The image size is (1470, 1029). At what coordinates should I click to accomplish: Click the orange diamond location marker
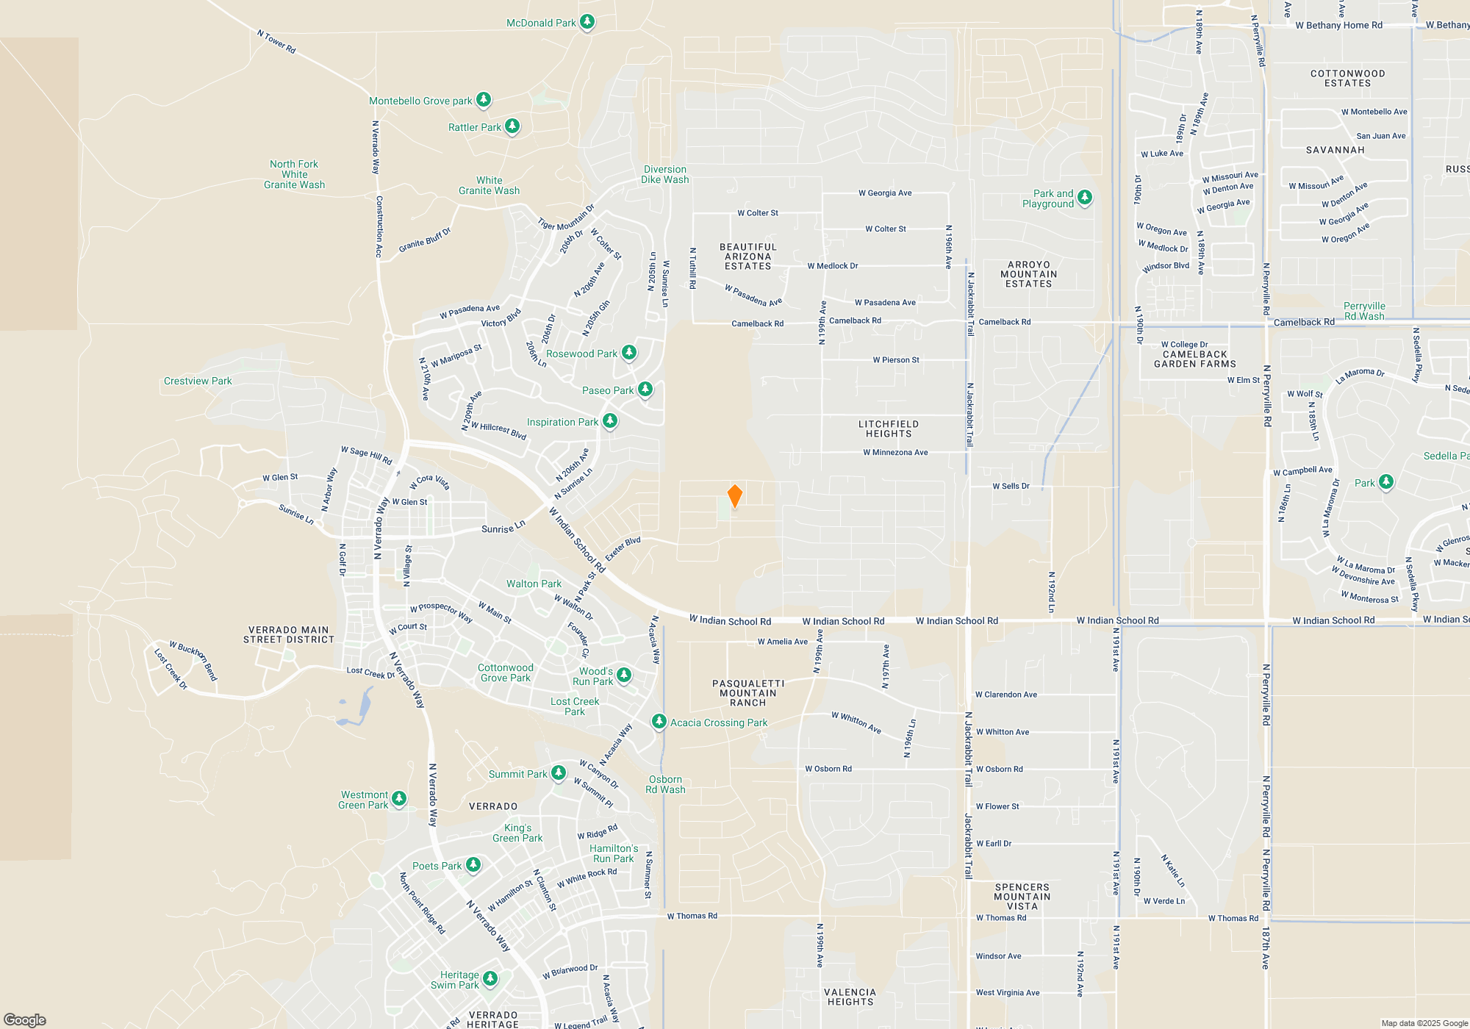pos(734,495)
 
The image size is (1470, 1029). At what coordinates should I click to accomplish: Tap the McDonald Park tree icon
pos(587,22)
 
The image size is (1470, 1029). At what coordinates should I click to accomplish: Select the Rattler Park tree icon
pos(512,126)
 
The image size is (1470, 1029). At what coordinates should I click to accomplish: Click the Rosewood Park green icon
pos(629,353)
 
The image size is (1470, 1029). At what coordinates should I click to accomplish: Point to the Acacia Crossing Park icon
pos(659,722)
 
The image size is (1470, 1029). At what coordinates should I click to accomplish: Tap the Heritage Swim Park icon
pos(490,978)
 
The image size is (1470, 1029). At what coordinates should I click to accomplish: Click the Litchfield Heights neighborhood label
pos(888,429)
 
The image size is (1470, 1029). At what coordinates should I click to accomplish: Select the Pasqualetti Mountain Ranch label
pos(748,693)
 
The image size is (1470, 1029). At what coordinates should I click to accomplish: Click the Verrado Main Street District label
pos(289,635)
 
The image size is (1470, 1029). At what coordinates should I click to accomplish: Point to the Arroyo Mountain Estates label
pos(1028,274)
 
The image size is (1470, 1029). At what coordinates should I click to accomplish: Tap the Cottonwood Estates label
pos(1347,79)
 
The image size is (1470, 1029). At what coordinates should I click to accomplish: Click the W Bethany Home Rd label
pos(1338,25)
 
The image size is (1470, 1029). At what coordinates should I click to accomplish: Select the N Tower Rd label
pos(276,42)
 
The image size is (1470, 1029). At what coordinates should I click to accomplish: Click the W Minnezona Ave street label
pos(895,453)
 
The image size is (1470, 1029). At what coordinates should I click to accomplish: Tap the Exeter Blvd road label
pos(623,549)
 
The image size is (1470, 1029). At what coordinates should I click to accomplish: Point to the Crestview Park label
pos(198,381)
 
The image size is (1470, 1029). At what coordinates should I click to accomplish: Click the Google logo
pos(25,1020)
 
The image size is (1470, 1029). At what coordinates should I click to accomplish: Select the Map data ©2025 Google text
pos(1424,1023)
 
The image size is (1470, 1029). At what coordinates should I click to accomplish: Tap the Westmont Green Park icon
pos(399,798)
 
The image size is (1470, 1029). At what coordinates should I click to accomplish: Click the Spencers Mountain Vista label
pos(1022,897)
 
